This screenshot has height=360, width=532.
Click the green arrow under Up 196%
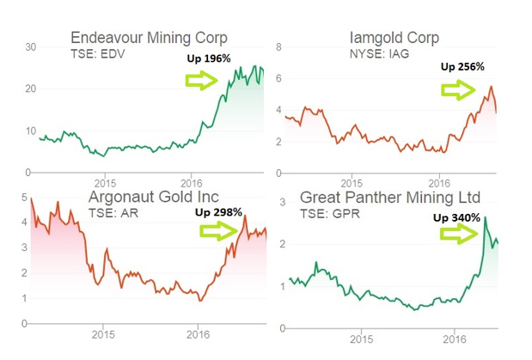[203, 81]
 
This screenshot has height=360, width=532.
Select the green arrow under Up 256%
[456, 88]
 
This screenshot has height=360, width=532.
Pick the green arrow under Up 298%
[217, 230]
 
